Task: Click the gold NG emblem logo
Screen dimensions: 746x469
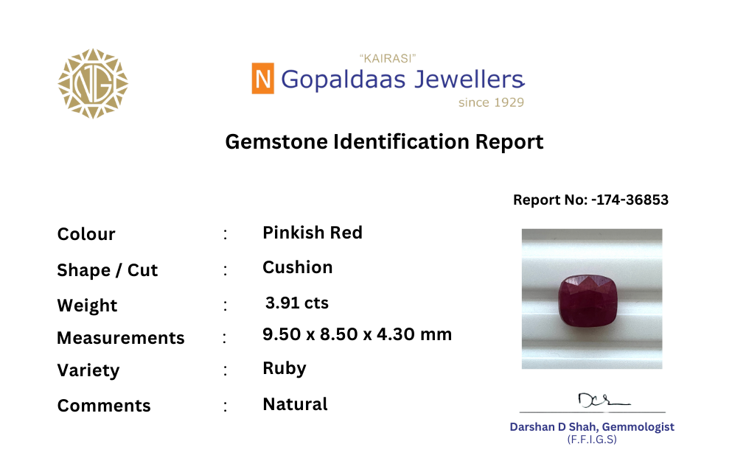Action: [93, 84]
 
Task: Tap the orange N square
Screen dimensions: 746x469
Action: [262, 78]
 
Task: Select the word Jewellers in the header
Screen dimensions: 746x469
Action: [470, 80]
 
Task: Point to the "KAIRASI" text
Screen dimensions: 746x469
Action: [388, 58]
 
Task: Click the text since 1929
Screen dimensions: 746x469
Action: [491, 102]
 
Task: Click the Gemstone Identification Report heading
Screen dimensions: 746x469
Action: [384, 142]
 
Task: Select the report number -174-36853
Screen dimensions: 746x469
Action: [630, 200]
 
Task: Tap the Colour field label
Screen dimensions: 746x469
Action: [86, 234]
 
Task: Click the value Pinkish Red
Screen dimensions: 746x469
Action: [313, 233]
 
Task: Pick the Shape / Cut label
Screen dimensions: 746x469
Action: [107, 270]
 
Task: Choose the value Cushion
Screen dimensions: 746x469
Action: [297, 267]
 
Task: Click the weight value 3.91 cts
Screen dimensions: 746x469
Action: [297, 303]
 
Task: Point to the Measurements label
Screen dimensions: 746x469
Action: [120, 338]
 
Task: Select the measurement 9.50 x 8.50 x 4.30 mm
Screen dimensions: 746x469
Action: [357, 334]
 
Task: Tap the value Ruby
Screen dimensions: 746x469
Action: [284, 369]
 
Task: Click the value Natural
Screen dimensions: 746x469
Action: [295, 404]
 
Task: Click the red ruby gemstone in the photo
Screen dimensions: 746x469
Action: [587, 300]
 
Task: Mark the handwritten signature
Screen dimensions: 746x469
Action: [603, 400]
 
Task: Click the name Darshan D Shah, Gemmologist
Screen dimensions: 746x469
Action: [592, 427]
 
